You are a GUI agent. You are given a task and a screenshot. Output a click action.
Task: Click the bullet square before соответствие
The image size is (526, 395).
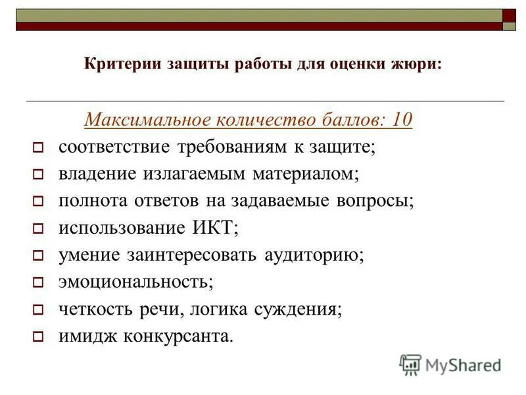pos(37,147)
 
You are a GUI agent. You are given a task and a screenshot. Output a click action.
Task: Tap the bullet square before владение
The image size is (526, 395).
pos(37,174)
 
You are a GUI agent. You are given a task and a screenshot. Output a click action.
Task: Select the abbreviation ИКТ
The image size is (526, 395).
pos(213,228)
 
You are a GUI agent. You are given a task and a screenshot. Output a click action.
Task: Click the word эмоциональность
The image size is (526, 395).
pos(135,282)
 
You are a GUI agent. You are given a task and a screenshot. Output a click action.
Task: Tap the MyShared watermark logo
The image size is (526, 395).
pos(450,364)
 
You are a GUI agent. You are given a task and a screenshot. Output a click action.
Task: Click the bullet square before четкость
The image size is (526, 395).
pos(37,309)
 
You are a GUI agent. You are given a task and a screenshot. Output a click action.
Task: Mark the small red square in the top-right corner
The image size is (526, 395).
pos(510,15)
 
